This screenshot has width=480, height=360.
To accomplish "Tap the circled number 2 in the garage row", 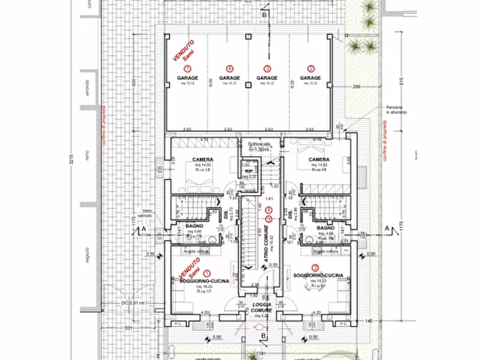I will (x=311, y=68).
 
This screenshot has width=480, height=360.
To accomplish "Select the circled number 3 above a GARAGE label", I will (x=267, y=68).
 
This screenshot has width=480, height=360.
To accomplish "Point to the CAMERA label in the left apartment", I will (x=203, y=160).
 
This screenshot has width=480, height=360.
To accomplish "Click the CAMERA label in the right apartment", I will (x=319, y=160).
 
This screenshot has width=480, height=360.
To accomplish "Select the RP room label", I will (x=248, y=172).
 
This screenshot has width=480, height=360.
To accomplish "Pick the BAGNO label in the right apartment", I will (x=325, y=228).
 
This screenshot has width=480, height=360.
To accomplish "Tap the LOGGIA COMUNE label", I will (x=261, y=307).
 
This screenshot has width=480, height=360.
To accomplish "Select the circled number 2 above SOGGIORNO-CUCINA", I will (x=315, y=267).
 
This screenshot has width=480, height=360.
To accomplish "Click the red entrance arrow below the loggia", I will (x=261, y=326).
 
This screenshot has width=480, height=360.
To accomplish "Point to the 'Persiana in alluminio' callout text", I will (x=396, y=110).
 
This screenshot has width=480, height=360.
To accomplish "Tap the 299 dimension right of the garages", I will (x=356, y=86).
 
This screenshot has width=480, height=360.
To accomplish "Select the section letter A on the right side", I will (x=387, y=228).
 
